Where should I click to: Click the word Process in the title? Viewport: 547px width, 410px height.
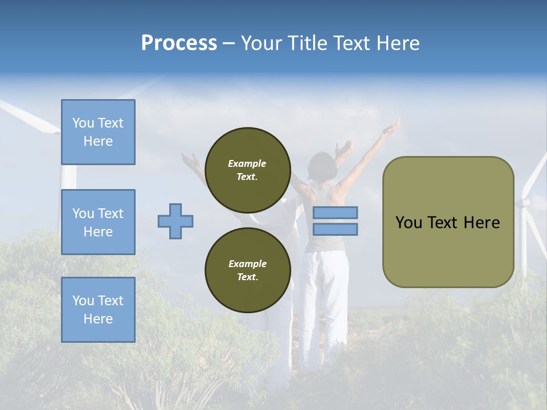point(179,43)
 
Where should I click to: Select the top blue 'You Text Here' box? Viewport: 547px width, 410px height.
point(98,132)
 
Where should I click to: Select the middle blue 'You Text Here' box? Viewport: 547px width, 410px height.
point(98,222)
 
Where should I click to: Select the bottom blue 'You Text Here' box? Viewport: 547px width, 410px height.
point(98,310)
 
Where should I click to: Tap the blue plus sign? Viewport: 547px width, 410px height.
point(175,221)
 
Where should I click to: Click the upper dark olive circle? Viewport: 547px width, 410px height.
point(247,170)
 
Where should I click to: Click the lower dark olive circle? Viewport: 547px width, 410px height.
point(247,270)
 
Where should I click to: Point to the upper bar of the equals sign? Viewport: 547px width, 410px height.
point(336,212)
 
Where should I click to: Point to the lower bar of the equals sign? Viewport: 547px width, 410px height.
point(336,229)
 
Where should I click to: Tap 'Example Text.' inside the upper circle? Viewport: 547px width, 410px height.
point(247,170)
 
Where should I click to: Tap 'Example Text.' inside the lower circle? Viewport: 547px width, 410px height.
point(247,270)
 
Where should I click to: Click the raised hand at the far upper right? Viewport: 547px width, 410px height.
point(391,128)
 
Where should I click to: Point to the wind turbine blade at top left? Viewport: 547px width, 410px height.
point(28,116)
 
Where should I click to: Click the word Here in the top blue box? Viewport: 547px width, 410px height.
point(98,141)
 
